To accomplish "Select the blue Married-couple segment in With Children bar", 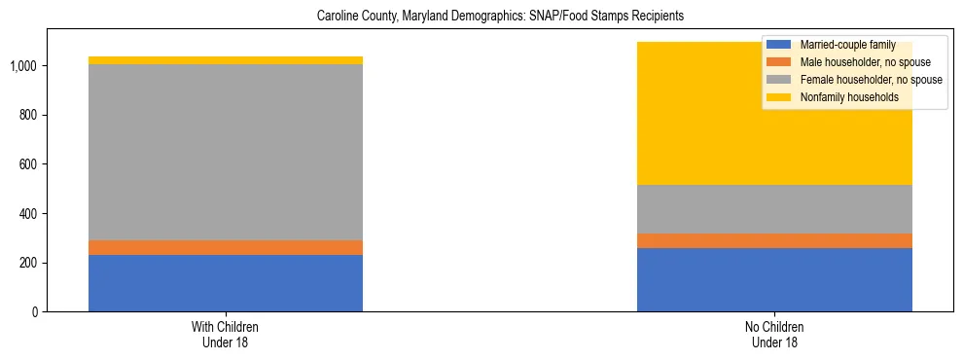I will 226,283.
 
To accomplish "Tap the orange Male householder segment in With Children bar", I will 226,247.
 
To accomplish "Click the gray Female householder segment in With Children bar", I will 226,152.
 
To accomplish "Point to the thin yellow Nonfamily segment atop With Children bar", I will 226,60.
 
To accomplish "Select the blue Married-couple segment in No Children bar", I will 774,279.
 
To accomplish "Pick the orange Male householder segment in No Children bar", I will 774,240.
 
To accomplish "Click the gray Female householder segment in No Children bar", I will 774,209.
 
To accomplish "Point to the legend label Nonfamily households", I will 842,97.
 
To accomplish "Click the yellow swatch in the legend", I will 779,97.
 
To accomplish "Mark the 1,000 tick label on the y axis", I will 24,66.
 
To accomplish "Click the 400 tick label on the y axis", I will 30,214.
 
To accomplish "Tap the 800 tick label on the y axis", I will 30,116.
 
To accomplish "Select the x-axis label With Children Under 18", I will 226,335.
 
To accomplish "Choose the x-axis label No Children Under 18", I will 774,335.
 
